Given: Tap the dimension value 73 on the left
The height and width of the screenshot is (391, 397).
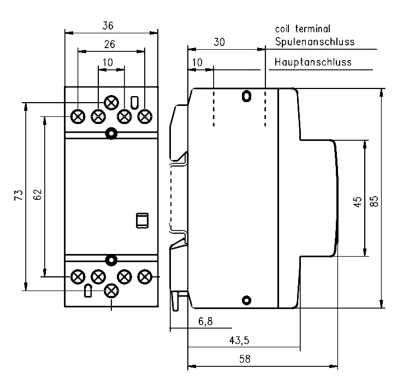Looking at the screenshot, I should [x=18, y=195].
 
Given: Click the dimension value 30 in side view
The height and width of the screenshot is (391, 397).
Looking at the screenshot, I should [x=218, y=42].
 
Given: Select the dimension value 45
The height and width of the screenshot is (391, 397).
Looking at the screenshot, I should [x=358, y=202].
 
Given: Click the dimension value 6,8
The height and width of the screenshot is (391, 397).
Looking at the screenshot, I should [x=205, y=322].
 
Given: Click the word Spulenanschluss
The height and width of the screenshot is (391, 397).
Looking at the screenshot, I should [x=315, y=42].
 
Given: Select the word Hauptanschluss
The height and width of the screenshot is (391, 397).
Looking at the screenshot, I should [x=313, y=62].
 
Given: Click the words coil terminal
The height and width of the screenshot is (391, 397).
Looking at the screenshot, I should [x=303, y=29].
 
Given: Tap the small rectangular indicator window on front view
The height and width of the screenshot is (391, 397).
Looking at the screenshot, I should [x=141, y=220].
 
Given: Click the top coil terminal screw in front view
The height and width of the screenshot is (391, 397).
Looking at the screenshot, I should [x=111, y=103].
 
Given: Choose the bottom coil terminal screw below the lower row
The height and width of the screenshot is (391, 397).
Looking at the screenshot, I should [x=111, y=291].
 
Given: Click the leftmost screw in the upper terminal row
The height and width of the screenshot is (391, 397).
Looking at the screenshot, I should [x=78, y=116].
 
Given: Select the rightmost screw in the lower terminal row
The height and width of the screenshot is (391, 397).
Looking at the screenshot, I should [x=145, y=277].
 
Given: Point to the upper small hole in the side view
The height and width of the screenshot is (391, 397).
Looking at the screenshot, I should [x=246, y=97].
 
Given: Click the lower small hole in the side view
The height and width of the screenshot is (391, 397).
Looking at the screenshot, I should [x=246, y=299].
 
